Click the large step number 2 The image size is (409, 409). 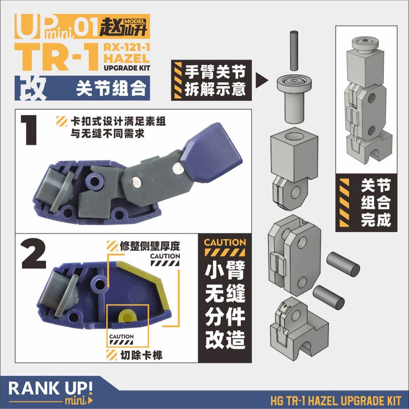(34, 254)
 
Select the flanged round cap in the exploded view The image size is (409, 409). (294, 98)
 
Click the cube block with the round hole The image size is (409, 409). (293, 151)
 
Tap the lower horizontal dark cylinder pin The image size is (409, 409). (329, 296)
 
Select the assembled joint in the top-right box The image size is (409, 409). (366, 102)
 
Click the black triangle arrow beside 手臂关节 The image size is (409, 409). (261, 80)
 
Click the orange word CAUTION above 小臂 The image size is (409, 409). (225, 242)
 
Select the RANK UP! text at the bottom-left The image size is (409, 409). (50, 389)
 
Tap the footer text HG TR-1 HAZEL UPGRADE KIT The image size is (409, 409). (336, 401)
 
